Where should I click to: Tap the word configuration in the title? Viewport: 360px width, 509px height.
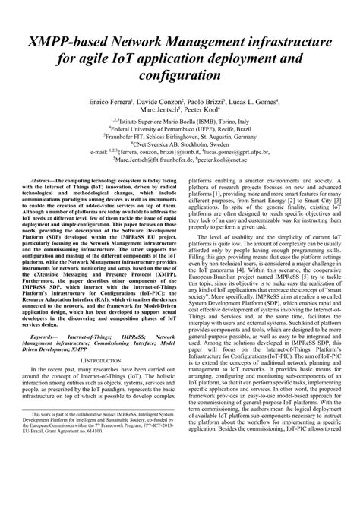click(x=180, y=77)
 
